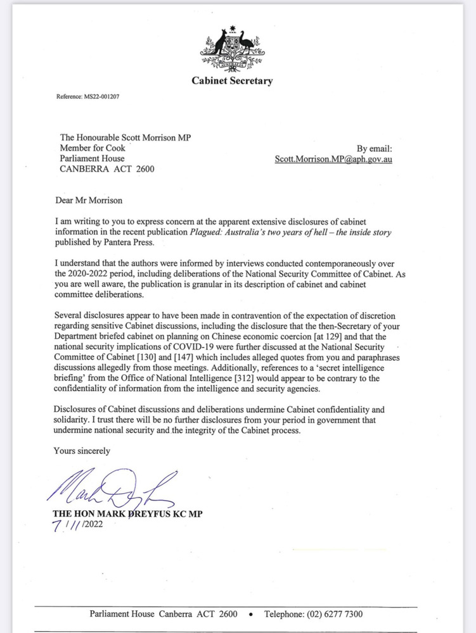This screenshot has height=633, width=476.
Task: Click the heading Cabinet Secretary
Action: tap(232, 80)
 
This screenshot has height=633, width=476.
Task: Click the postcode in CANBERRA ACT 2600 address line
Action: tap(141, 169)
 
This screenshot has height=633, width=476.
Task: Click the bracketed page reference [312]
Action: tap(248, 378)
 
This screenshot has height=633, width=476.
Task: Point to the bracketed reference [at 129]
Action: tap(321, 336)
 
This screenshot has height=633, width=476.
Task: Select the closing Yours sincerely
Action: tap(82, 451)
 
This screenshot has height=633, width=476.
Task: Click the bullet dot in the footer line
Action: tap(251, 615)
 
